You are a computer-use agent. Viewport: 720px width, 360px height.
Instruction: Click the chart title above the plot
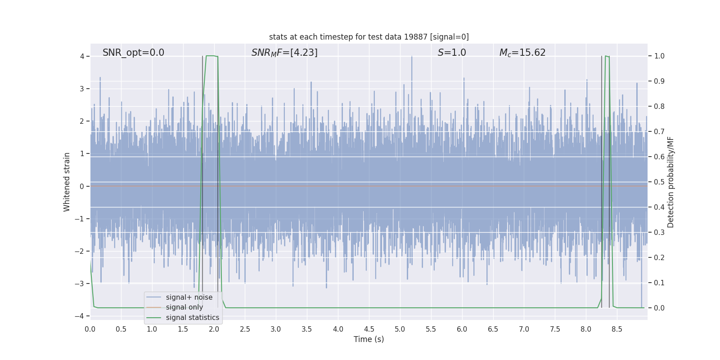point(369,37)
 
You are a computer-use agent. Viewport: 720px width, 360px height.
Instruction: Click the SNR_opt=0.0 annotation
point(133,53)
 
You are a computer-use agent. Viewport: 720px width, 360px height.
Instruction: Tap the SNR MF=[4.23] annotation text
point(284,53)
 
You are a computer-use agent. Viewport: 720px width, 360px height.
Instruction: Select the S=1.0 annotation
point(452,53)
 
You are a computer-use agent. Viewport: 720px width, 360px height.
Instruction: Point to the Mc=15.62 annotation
point(522,53)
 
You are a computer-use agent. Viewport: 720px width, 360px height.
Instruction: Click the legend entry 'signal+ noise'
point(189,297)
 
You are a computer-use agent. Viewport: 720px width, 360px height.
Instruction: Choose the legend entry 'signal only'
point(184,307)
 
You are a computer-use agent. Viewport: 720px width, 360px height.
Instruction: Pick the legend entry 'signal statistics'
point(192,318)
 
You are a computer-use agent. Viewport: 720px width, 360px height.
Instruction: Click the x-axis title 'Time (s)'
point(369,339)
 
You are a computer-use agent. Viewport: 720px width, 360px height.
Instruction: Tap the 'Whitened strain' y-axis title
point(67,182)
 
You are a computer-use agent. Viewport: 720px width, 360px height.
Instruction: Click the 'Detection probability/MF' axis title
point(670,182)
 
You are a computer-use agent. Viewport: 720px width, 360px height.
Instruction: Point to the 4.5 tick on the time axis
point(369,329)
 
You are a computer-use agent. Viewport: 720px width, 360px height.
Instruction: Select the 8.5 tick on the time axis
point(617,329)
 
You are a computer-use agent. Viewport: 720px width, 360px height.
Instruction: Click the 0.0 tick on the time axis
point(90,329)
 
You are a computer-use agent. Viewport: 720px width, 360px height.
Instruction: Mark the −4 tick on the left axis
point(80,316)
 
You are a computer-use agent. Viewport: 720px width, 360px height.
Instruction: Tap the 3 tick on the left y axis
point(82,89)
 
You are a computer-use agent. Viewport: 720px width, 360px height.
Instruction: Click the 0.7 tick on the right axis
point(659,131)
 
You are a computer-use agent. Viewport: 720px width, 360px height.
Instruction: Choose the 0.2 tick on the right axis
point(659,257)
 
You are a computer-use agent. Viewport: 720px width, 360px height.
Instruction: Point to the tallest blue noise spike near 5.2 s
point(411,58)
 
